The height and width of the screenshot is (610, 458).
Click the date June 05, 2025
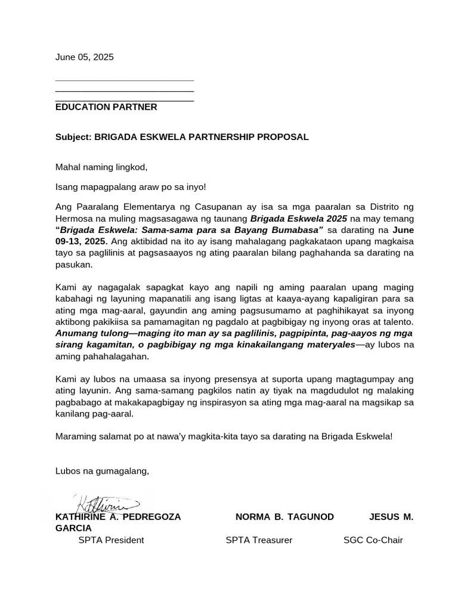[84, 58]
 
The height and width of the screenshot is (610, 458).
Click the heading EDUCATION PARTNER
[106, 107]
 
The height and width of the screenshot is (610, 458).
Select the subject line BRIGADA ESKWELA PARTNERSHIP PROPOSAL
[202, 137]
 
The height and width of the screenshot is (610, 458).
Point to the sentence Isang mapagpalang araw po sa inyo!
[131, 187]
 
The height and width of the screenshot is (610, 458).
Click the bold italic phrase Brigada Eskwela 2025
[299, 219]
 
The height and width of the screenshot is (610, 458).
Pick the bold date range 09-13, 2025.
[82, 241]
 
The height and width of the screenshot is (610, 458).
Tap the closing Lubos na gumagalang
[102, 471]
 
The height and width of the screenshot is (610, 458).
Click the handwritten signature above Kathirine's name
[105, 504]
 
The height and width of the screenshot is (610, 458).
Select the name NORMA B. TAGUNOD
[284, 516]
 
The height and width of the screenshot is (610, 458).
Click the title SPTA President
[111, 540]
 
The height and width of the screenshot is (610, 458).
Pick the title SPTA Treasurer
[259, 540]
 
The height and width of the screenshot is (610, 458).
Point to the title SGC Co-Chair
[373, 540]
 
